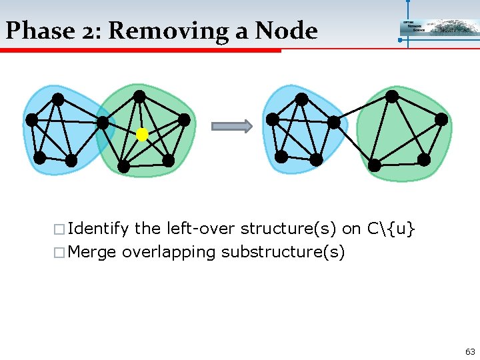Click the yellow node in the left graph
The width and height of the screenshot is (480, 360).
click(142, 135)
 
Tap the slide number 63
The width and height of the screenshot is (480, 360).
click(470, 351)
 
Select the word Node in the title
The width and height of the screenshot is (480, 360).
click(287, 31)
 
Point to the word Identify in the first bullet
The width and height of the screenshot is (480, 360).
click(98, 229)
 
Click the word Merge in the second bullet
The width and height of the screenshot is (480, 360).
click(92, 253)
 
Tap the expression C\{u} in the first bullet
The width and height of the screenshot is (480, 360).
click(391, 229)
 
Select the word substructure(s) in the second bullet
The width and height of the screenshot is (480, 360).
click(283, 253)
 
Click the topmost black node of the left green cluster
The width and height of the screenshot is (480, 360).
click(139, 97)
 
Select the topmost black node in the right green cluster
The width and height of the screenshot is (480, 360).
click(393, 96)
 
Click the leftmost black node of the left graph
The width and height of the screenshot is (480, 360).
click(32, 120)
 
